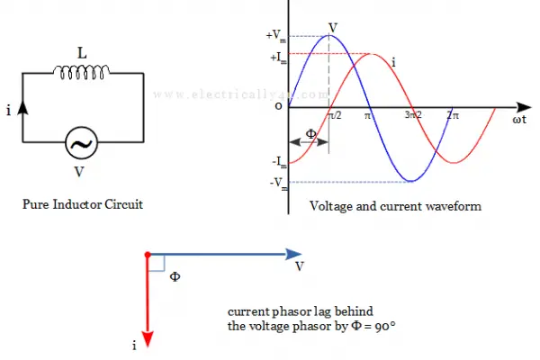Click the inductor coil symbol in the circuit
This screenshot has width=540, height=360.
pyautogui.click(x=82, y=72)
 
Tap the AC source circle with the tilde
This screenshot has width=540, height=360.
pyautogui.click(x=82, y=142)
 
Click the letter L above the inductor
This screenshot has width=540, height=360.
pyautogui.click(x=82, y=53)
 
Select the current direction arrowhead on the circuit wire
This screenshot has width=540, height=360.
pyautogui.click(x=22, y=107)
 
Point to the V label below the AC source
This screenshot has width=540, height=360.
pyautogui.click(x=79, y=172)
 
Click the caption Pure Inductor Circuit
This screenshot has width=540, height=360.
pyautogui.click(x=83, y=204)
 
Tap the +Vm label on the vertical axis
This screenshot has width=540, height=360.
pyautogui.click(x=276, y=35)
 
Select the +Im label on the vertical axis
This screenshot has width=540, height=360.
pyautogui.click(x=278, y=58)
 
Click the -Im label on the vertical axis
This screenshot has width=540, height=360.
pyautogui.click(x=279, y=162)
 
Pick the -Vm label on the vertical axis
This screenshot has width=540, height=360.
pyautogui.click(x=279, y=184)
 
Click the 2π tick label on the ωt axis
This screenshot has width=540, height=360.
pyautogui.click(x=453, y=115)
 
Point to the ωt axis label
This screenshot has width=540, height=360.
pyautogui.click(x=519, y=120)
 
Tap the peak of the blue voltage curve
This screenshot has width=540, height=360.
pyautogui.click(x=329, y=35)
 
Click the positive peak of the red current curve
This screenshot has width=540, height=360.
pyautogui.click(x=371, y=54)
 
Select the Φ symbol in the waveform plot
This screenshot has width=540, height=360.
pyautogui.click(x=311, y=134)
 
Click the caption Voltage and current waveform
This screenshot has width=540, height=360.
pyautogui.click(x=395, y=206)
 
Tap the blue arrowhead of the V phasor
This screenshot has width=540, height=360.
pyautogui.click(x=293, y=254)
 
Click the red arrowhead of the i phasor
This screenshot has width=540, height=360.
pyautogui.click(x=148, y=339)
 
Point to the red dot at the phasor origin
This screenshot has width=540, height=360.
pyautogui.click(x=148, y=255)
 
